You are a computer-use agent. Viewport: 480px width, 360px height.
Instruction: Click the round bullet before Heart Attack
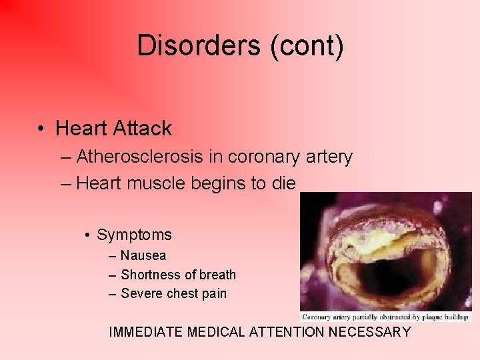[x=41, y=129]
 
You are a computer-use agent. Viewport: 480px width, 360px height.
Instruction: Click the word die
[x=283, y=183]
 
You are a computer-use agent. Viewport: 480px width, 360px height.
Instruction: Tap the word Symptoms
[x=134, y=235]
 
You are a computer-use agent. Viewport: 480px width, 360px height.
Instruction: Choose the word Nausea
[x=143, y=255]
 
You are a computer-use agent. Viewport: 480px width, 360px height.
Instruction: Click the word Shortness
[x=151, y=275]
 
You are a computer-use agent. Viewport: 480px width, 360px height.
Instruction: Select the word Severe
[x=142, y=293]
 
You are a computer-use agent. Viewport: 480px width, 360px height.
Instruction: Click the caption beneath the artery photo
[x=386, y=317]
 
